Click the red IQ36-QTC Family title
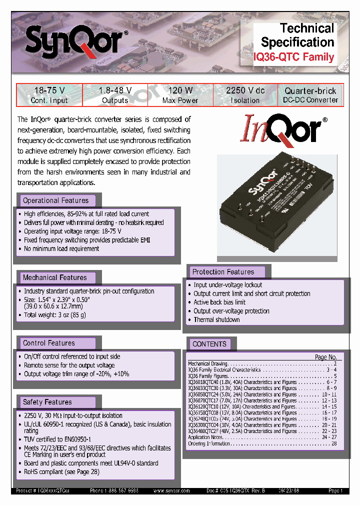click(x=293, y=57)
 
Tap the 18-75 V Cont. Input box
click(x=49, y=95)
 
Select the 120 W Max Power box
click(x=180, y=95)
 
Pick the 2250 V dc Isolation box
click(x=245, y=95)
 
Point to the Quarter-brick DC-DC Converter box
click(x=310, y=95)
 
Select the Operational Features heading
click(x=55, y=200)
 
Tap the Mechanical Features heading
click(x=54, y=277)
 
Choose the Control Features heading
click(x=49, y=343)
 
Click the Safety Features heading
click(x=47, y=402)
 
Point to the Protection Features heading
click(x=223, y=272)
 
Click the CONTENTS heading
click(x=209, y=344)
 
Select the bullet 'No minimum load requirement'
click(x=61, y=248)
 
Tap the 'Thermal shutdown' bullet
click(x=216, y=319)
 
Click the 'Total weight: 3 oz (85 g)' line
click(x=55, y=315)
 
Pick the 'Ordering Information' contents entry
click(x=209, y=443)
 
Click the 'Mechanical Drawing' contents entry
click(x=207, y=363)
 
